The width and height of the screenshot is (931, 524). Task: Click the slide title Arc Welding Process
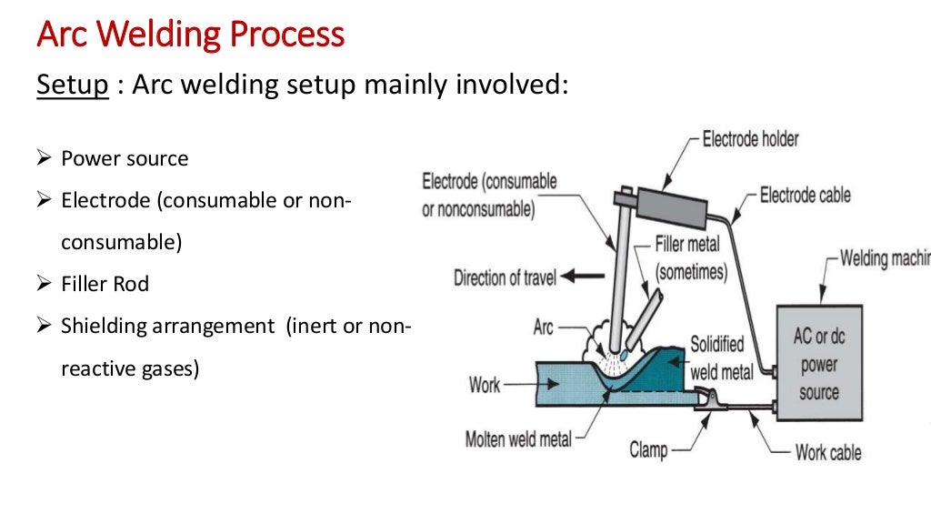(190, 35)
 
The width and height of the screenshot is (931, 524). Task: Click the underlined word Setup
(73, 86)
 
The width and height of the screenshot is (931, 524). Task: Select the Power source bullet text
(125, 159)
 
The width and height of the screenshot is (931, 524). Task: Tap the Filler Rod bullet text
(105, 284)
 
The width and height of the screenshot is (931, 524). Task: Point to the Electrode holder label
(751, 139)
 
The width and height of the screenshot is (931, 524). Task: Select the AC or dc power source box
(818, 363)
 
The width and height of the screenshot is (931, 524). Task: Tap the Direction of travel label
(506, 277)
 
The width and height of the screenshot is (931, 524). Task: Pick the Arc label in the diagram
(543, 326)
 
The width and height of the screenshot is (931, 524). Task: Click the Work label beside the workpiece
(485, 385)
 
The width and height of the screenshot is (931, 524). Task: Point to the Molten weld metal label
(518, 438)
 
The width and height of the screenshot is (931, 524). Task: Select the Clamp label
(648, 449)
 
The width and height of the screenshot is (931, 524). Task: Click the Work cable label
(828, 452)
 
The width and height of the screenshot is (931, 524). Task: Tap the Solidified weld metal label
(718, 358)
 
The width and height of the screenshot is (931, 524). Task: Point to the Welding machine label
(882, 258)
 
